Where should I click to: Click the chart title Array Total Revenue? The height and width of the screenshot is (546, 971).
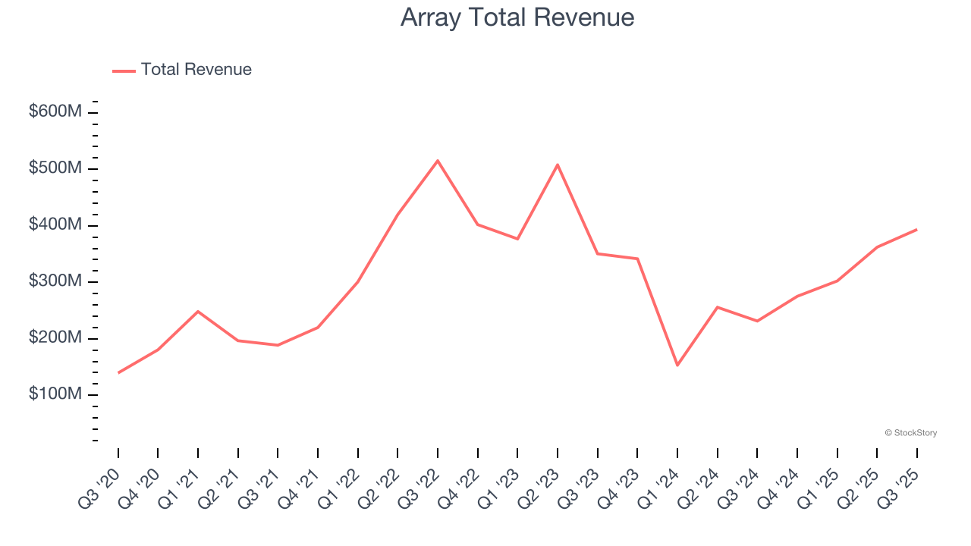[x=517, y=17]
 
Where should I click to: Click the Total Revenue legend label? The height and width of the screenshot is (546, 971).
[x=196, y=70]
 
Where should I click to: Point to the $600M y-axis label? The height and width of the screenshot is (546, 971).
[x=55, y=111]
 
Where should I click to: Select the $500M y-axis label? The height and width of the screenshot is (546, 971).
[x=55, y=168]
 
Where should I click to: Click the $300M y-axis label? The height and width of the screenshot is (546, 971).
[x=55, y=281]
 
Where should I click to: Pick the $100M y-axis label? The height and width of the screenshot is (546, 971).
[x=55, y=394]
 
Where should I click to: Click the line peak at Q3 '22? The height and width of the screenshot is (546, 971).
[x=438, y=161]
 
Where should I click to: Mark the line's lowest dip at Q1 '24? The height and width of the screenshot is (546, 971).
[x=677, y=366]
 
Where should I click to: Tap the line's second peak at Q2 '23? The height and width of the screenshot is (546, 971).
[x=558, y=165]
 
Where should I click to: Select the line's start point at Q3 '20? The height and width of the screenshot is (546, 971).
[x=118, y=372]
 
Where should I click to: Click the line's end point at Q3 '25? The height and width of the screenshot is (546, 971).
[x=916, y=229]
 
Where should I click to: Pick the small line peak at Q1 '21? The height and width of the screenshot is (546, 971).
[x=198, y=311]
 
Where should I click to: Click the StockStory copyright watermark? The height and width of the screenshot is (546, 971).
[x=910, y=433]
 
